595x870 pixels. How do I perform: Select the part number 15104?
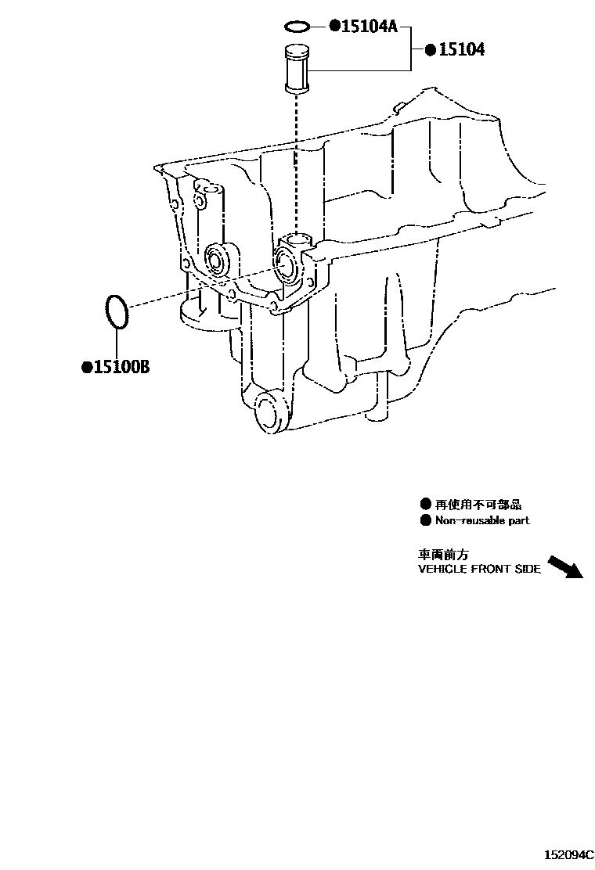click(461, 50)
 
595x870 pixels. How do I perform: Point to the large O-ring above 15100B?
click(116, 311)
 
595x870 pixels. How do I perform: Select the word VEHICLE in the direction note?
click(442, 570)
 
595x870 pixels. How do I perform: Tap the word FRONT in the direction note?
click(492, 570)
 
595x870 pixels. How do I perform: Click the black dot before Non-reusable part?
click(425, 520)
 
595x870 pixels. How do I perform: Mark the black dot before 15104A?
click(334, 27)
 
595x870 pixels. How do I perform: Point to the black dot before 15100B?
click(87, 366)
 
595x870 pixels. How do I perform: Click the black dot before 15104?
click(431, 50)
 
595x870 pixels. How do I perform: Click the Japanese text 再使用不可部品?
click(478, 504)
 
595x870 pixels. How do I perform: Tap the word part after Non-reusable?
click(517, 520)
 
